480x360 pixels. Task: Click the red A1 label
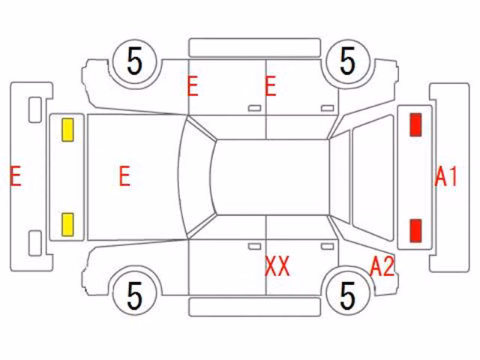(x=446, y=176)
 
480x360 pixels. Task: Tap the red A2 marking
(x=382, y=266)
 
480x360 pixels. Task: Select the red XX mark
(x=277, y=266)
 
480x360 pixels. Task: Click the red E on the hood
(x=124, y=175)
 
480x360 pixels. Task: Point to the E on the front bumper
(x=16, y=175)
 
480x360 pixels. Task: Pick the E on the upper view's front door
(x=193, y=87)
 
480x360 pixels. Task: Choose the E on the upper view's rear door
(x=271, y=87)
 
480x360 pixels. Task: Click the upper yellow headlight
(x=67, y=130)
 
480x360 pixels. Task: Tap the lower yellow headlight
(x=67, y=225)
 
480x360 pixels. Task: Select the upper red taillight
(x=415, y=124)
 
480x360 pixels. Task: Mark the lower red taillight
(x=415, y=230)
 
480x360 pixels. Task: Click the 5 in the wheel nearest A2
(x=348, y=295)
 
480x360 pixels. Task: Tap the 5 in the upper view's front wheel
(x=135, y=61)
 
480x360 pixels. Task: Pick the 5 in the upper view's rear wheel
(x=348, y=61)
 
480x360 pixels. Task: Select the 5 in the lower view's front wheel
(x=135, y=295)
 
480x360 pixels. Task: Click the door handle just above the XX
(x=255, y=247)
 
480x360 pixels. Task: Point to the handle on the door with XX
(x=327, y=247)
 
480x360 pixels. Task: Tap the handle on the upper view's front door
(x=255, y=108)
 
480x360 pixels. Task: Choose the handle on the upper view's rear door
(x=327, y=108)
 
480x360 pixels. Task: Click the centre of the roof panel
(x=271, y=177)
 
